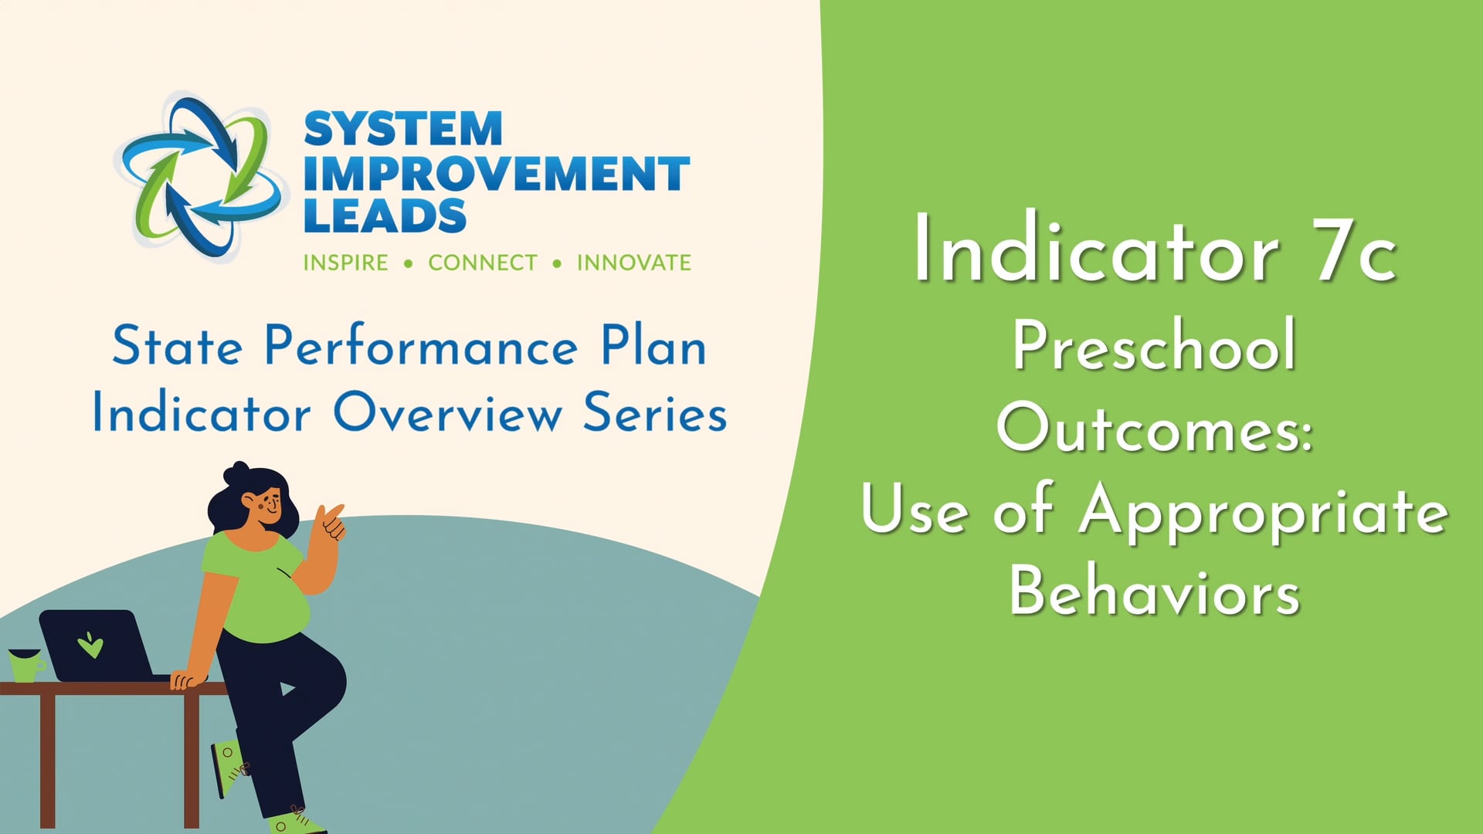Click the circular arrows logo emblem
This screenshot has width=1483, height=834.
(200, 176)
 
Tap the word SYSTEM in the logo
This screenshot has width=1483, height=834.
(403, 129)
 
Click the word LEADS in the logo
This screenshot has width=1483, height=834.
(385, 215)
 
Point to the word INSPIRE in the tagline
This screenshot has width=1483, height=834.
(345, 263)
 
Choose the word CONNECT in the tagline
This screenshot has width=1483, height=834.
(483, 263)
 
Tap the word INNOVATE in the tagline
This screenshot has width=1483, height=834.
(634, 263)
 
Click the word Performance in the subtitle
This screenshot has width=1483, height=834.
(421, 347)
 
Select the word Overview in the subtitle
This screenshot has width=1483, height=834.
(448, 412)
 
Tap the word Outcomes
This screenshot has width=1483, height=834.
(1155, 427)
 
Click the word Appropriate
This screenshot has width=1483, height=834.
(1264, 510)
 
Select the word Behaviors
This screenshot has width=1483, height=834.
(1155, 591)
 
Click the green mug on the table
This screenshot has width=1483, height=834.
(26, 665)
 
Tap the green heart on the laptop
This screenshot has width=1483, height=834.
(90, 644)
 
